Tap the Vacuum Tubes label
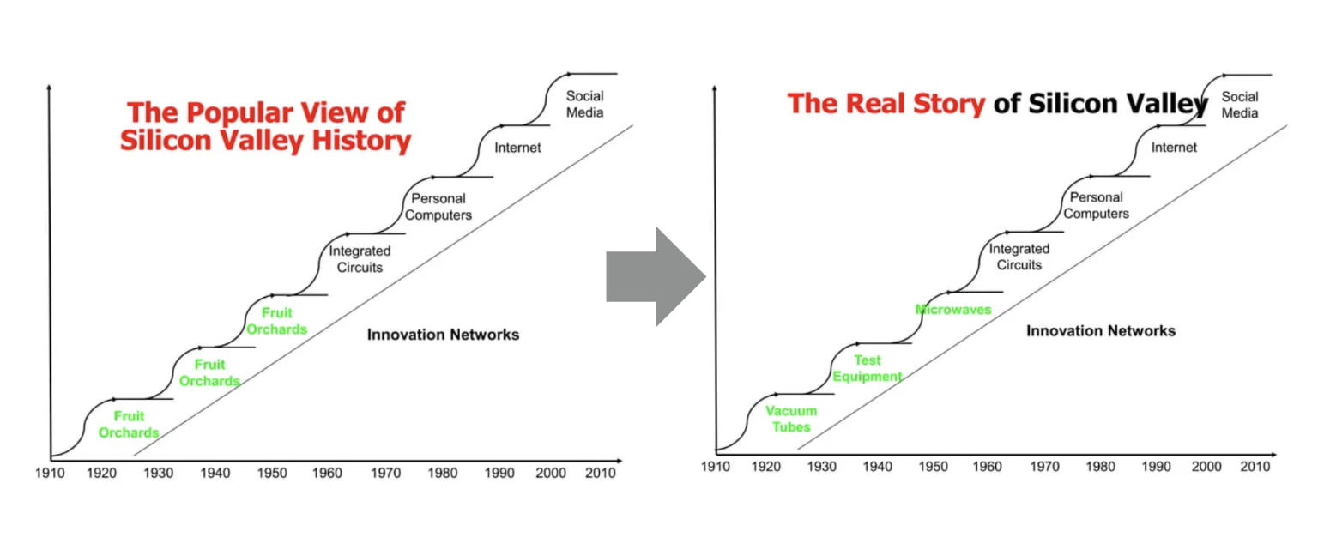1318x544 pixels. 791,419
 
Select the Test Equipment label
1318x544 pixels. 868,368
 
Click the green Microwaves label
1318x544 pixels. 953,310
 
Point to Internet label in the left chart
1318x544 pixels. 517,148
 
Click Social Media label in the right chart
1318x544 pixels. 1240,105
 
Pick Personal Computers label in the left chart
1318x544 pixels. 438,207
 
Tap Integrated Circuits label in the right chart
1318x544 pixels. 1019,257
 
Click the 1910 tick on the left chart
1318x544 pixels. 50,473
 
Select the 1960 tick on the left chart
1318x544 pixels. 327,473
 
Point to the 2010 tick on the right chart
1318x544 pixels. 1255,467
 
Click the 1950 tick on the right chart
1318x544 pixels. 934,467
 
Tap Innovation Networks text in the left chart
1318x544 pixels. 443,335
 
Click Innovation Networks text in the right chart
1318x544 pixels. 1101,331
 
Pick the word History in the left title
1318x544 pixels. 361,141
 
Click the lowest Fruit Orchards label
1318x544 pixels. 129,425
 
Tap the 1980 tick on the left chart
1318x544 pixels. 443,473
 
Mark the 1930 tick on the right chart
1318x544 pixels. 821,467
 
